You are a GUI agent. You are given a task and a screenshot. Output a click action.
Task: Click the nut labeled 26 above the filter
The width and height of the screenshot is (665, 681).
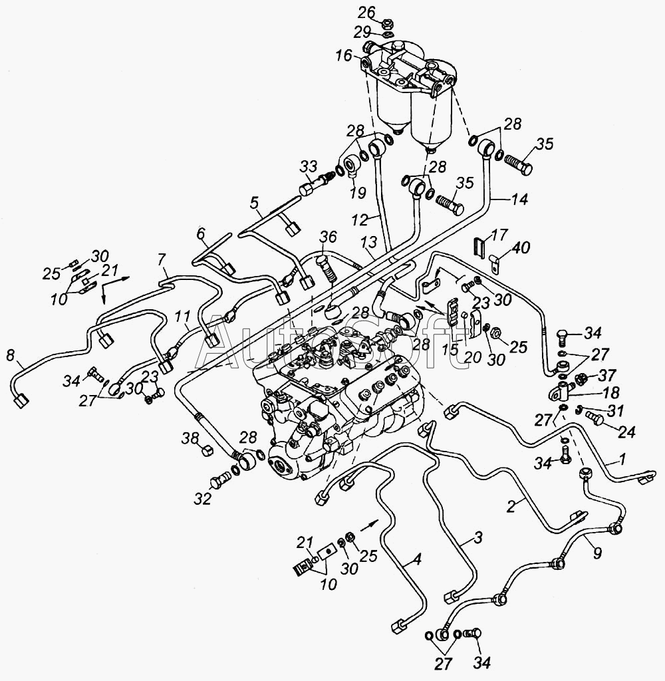pos(386,29)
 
